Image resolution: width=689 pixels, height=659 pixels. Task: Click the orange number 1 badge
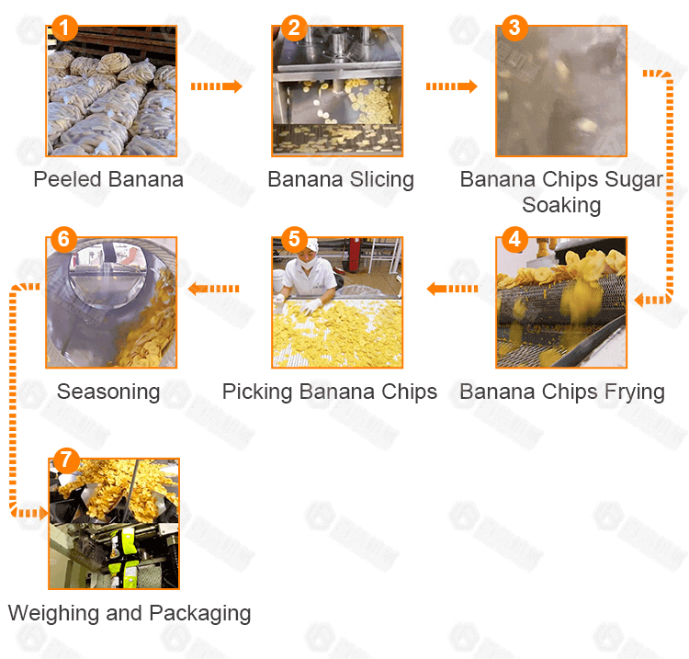click(x=62, y=28)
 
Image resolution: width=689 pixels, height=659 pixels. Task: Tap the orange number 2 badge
click(x=293, y=28)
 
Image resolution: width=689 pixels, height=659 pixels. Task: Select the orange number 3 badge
click(x=514, y=28)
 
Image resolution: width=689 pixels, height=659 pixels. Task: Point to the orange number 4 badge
click(x=514, y=241)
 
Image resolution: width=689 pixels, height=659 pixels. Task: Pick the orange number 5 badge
click(x=293, y=241)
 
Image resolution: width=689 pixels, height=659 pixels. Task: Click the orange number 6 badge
click(x=62, y=241)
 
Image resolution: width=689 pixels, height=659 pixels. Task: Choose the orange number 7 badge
click(x=62, y=460)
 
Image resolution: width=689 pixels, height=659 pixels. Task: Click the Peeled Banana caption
click(x=108, y=179)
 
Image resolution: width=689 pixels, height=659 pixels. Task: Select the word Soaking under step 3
click(x=561, y=204)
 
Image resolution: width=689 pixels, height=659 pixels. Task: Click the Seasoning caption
click(x=108, y=392)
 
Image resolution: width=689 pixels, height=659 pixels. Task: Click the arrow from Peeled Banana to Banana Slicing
click(x=217, y=86)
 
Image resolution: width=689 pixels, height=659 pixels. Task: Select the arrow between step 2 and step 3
click(x=451, y=86)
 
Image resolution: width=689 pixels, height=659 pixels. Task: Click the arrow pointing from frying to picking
click(x=452, y=289)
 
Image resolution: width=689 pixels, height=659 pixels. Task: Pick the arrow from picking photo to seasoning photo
click(x=213, y=289)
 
